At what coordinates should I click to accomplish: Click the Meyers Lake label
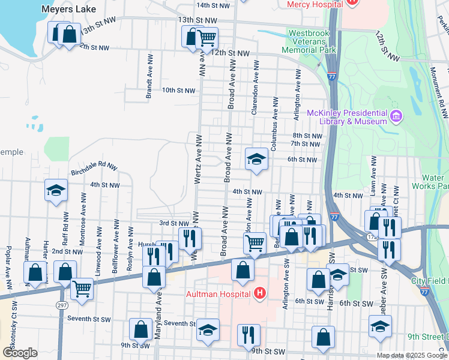pyautogui.click(x=65, y=9)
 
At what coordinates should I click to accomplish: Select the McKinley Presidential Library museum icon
pyautogui.click(x=395, y=115)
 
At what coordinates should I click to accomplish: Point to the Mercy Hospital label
pyautogui.click(x=315, y=4)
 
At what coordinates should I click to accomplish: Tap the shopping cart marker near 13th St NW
pyautogui.click(x=206, y=38)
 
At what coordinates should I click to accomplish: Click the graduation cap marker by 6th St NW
pyautogui.click(x=256, y=159)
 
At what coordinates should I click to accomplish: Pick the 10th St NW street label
pyautogui.click(x=178, y=91)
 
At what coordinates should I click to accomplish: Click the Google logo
pyautogui.click(x=20, y=353)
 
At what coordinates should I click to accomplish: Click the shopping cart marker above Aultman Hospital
pyautogui.click(x=255, y=243)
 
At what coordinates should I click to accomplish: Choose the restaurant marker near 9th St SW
pyautogui.click(x=248, y=335)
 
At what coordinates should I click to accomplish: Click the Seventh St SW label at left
pyautogui.click(x=87, y=317)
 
